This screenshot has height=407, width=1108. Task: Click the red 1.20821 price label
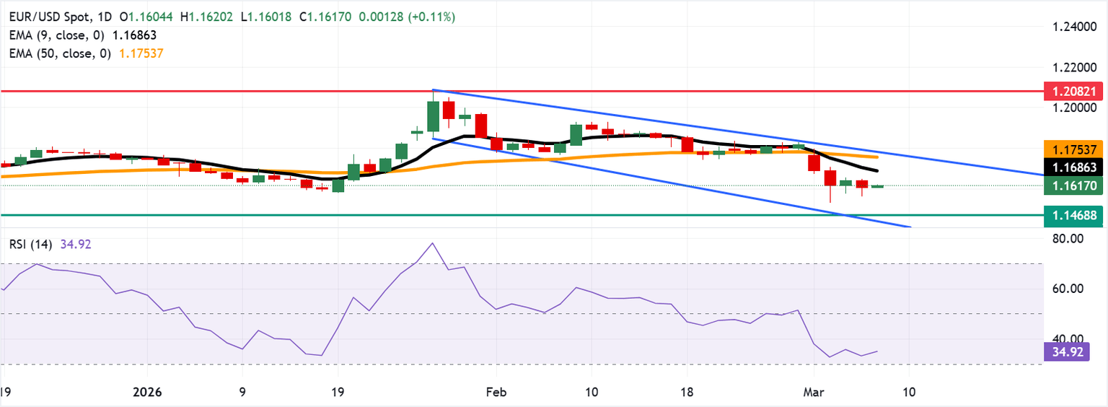click(x=1073, y=92)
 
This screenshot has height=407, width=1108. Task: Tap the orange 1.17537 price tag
click(x=1073, y=149)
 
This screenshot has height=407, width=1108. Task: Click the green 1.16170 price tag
click(x=1073, y=186)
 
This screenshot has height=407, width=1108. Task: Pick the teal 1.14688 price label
click(x=1073, y=215)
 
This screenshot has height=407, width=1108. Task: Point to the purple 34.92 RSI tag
click(x=1065, y=352)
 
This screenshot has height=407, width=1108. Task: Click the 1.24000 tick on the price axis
click(x=1073, y=27)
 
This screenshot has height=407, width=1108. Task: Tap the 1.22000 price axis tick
click(x=1073, y=67)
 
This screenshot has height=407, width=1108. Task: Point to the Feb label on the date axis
click(x=495, y=393)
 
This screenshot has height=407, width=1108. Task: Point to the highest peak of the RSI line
click(x=432, y=243)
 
